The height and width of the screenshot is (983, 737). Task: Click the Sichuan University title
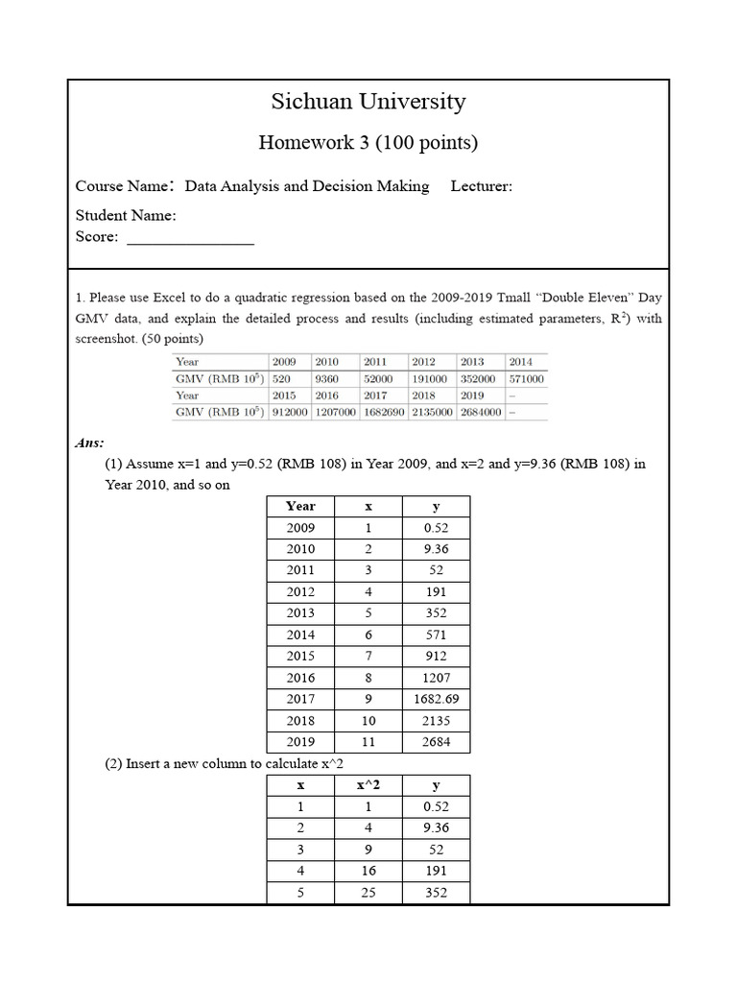pos(368,102)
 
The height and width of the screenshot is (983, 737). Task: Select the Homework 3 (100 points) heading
pos(368,143)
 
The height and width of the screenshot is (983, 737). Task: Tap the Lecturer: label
pos(481,186)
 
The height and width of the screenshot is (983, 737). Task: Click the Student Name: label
pos(126,215)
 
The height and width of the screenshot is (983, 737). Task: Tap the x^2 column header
pos(368,785)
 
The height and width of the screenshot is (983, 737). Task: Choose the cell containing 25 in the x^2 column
pos(368,893)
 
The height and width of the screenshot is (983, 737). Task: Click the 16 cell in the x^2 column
pos(368,871)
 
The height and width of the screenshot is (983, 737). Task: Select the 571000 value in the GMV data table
pos(527,378)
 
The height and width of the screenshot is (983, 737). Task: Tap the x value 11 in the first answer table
pos(368,742)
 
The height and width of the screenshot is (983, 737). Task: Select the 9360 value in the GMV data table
pos(327,378)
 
